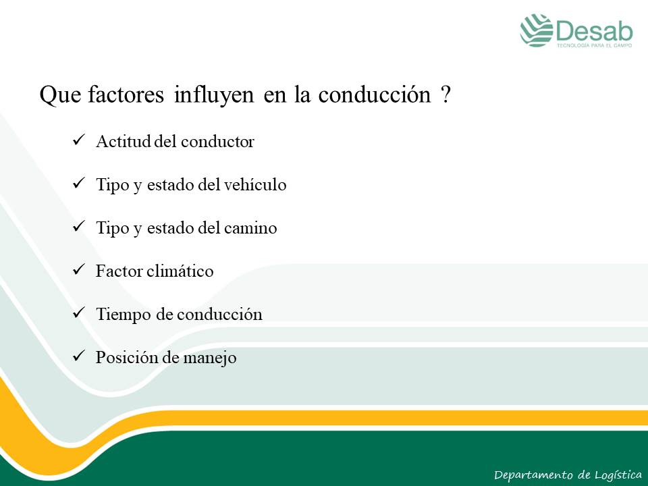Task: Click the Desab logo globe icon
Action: [537, 30]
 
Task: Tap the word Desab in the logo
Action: [594, 31]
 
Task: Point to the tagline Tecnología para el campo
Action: [594, 45]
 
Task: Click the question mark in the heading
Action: [445, 94]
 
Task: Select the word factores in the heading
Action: [126, 94]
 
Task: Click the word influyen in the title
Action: [214, 95]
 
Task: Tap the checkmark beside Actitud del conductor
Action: [78, 140]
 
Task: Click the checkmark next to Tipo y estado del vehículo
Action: [78, 183]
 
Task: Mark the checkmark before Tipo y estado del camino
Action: [78, 226]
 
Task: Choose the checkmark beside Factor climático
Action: [78, 269]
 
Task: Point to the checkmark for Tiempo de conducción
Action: [78, 313]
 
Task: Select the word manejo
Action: [209, 358]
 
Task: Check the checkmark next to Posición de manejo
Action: [78, 356]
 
